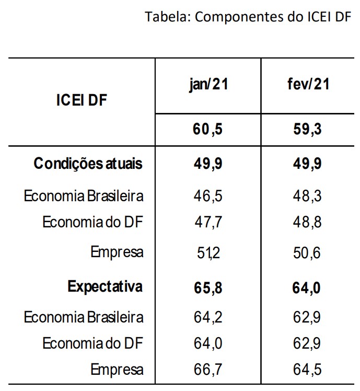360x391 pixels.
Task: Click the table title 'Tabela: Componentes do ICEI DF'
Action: pyautogui.click(x=248, y=17)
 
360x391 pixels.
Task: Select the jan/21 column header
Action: pyautogui.click(x=208, y=84)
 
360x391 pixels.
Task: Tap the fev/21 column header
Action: pyautogui.click(x=308, y=84)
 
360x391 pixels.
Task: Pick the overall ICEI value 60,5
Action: pyautogui.click(x=208, y=129)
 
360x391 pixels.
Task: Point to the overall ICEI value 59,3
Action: pyautogui.click(x=308, y=129)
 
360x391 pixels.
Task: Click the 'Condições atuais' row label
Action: pyautogui.click(x=88, y=164)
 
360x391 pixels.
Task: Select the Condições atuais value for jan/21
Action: pyautogui.click(x=208, y=164)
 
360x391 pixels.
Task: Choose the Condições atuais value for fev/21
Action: pyautogui.click(x=308, y=164)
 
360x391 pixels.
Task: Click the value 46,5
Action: pyautogui.click(x=208, y=197)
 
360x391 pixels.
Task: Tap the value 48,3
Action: pyautogui.click(x=308, y=197)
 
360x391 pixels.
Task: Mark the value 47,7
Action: pyautogui.click(x=208, y=223)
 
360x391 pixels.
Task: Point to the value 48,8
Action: pyautogui.click(x=308, y=223)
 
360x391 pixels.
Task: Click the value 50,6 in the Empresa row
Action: pyautogui.click(x=308, y=253)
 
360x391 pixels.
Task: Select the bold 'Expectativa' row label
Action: pyautogui.click(x=105, y=287)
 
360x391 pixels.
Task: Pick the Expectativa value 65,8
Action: pyautogui.click(x=208, y=287)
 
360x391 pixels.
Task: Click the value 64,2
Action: pyautogui.click(x=208, y=317)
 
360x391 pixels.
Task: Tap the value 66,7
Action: pyautogui.click(x=208, y=370)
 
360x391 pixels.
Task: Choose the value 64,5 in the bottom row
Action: pyautogui.click(x=308, y=370)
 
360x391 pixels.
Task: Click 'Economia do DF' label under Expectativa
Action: pyautogui.click(x=92, y=343)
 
